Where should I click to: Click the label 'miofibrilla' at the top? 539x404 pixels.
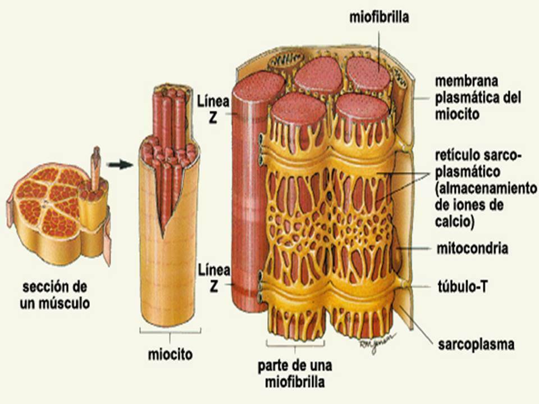[x=379, y=17]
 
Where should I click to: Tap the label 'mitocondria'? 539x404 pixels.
[x=473, y=248]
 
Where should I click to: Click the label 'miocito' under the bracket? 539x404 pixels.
[x=170, y=355]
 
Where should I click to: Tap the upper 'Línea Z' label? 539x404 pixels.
[x=213, y=110]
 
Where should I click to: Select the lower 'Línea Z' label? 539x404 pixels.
[x=213, y=278]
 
